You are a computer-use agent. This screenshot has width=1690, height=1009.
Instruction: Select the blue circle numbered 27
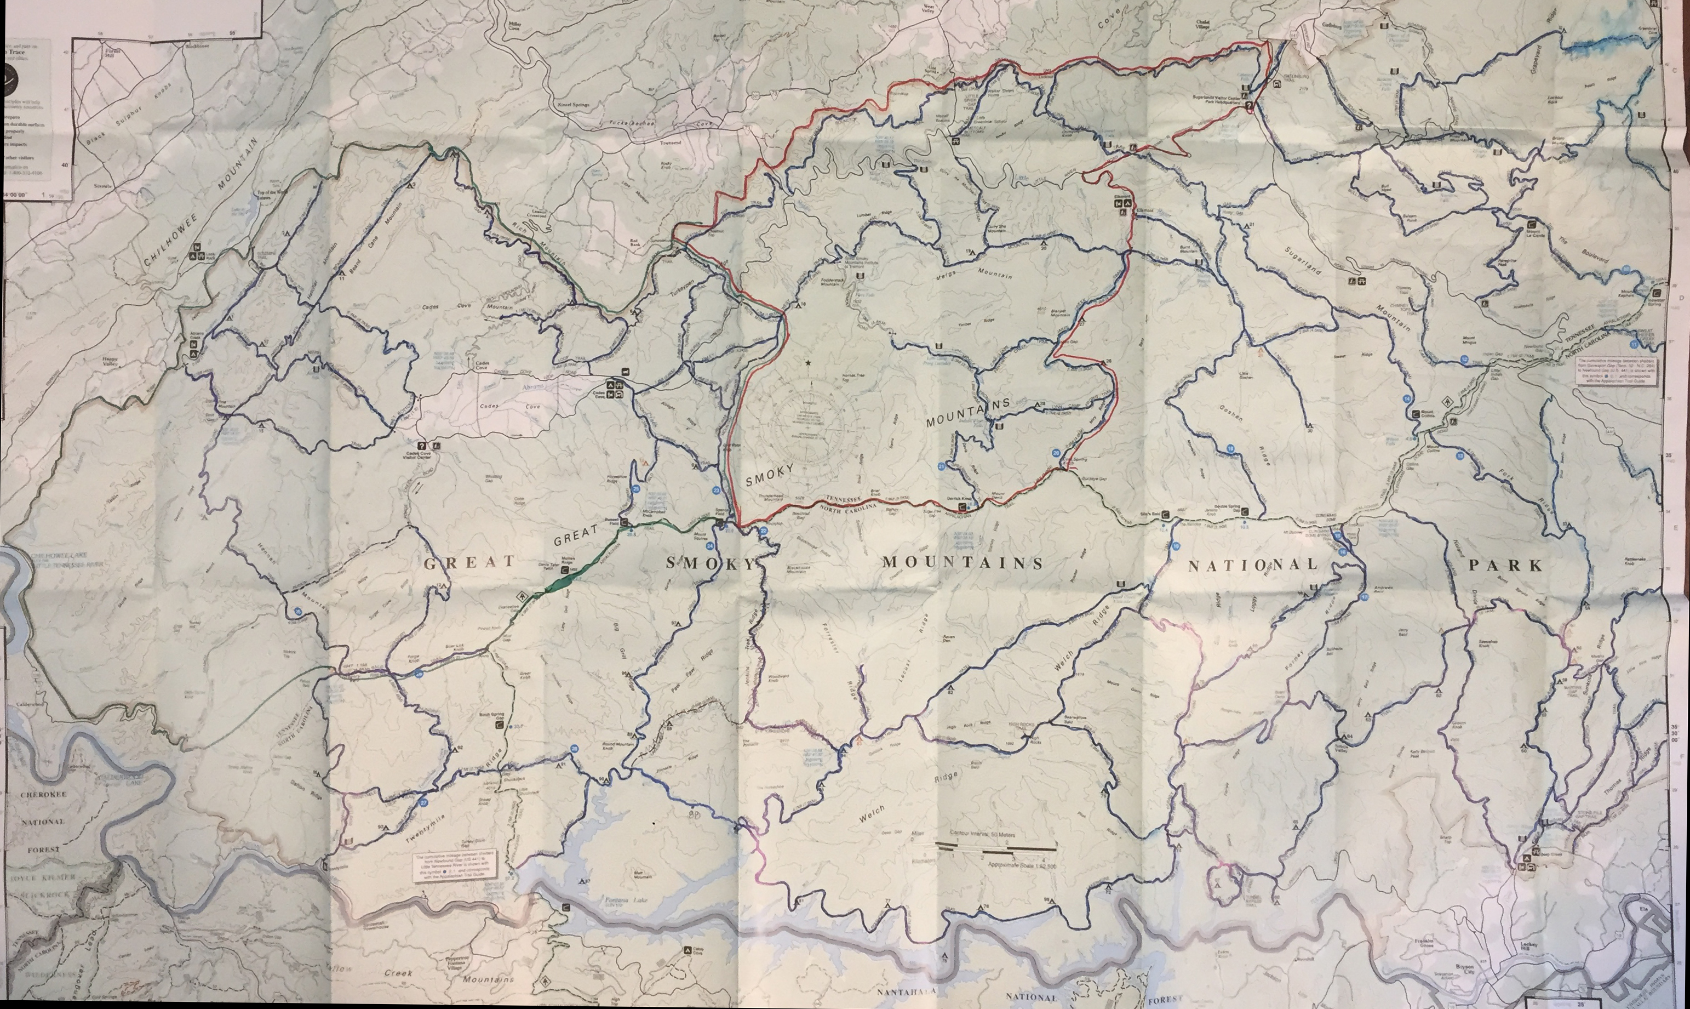pos(423,802)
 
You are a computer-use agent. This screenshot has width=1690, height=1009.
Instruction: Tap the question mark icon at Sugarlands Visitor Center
pos(1248,107)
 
